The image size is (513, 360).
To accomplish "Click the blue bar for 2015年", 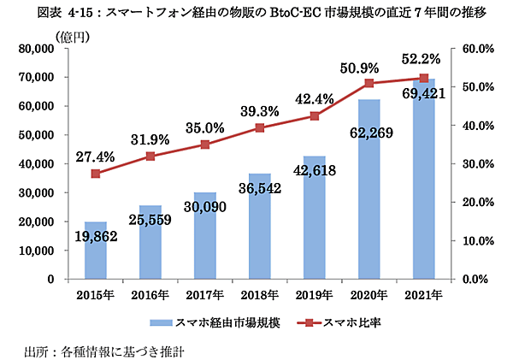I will [96, 257].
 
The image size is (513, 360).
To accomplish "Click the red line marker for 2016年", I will [150, 156].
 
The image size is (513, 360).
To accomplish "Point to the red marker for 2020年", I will [369, 83].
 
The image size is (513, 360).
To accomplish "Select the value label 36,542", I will [261, 186].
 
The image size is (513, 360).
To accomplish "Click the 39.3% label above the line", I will [260, 111].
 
